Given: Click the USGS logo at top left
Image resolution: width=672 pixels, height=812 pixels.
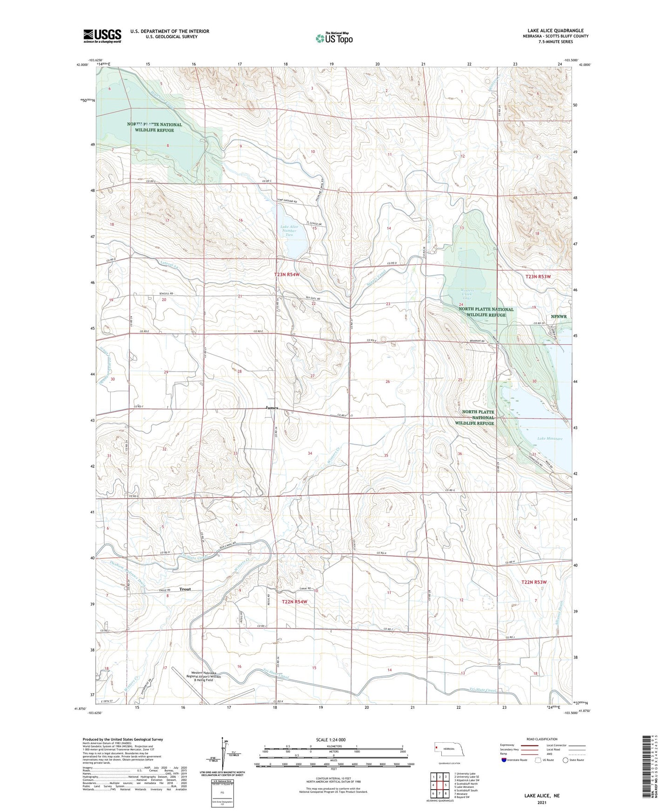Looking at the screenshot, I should (x=102, y=35).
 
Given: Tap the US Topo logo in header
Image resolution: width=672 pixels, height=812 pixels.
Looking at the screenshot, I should (x=334, y=38).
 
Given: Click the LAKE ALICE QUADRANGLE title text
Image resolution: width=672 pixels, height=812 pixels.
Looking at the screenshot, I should (x=555, y=30).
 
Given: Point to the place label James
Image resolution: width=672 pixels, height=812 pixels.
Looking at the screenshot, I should (x=272, y=408).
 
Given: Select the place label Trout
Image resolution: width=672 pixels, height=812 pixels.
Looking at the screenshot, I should (x=185, y=589).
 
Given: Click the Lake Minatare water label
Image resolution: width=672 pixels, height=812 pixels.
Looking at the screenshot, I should (x=550, y=439).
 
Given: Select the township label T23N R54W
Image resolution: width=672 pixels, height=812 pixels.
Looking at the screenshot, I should (x=286, y=275).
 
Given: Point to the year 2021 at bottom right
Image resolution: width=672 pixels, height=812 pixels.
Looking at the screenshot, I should (x=542, y=802).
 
